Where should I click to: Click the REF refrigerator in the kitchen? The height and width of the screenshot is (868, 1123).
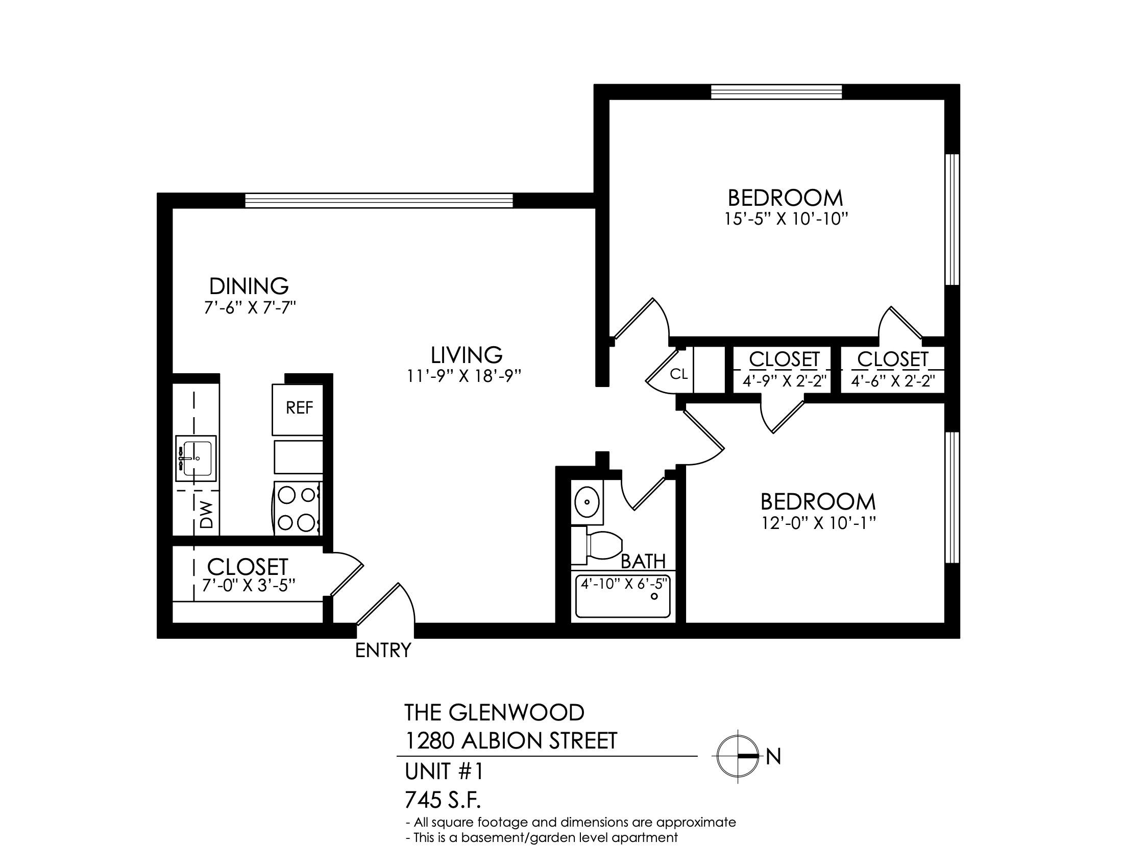point(298,409)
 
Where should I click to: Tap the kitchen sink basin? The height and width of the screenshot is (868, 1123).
point(196,458)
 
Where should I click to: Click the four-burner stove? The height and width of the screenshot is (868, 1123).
point(298,509)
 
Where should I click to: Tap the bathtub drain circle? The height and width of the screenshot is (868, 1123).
point(654,596)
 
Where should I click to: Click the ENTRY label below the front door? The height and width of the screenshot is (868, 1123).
point(383,650)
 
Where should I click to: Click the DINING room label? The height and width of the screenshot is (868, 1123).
point(249,286)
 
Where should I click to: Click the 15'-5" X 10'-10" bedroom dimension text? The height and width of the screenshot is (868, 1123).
point(786,220)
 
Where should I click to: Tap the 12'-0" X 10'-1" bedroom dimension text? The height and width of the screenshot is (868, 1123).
point(818,523)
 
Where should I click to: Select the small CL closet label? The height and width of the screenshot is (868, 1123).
point(679,374)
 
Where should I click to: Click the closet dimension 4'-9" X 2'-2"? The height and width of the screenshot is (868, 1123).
point(784,381)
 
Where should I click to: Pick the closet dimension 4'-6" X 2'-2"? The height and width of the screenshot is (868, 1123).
point(892,381)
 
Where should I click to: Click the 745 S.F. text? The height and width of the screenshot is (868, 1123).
point(443,800)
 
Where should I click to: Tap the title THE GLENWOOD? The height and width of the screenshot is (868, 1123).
point(495,713)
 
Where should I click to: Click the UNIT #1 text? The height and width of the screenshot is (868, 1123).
point(444,771)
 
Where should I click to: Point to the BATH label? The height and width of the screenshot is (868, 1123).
point(643,562)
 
